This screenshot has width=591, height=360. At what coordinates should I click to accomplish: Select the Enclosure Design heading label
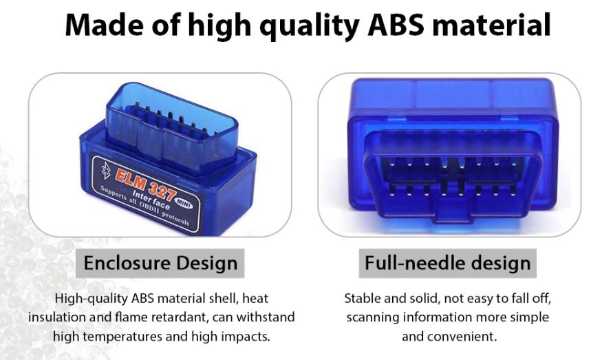coord(160,262)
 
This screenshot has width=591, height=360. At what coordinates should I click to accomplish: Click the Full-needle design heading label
coord(448,262)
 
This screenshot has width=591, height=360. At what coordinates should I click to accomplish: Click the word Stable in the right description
coord(362,299)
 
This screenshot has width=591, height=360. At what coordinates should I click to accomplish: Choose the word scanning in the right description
coord(372,317)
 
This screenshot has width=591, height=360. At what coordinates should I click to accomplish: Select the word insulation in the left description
coord(58,317)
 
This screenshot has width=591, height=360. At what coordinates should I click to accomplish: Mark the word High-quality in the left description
coord(92,299)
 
